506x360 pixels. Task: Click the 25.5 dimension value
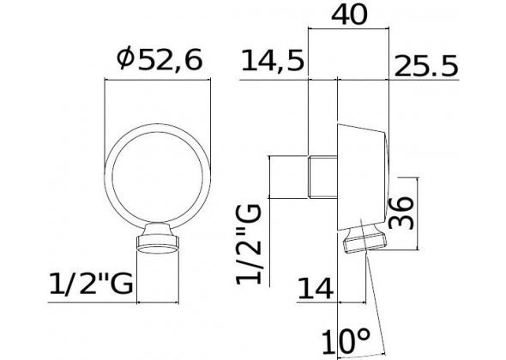[426, 63]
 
